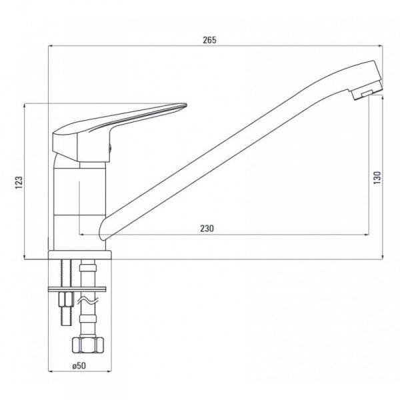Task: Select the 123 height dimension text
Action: point(19,181)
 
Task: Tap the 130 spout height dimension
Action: point(377,177)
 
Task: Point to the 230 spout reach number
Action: point(207,229)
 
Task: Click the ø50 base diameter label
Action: point(79,366)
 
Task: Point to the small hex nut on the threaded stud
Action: point(65,298)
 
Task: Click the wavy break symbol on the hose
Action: point(86,303)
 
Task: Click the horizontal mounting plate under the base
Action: point(77,288)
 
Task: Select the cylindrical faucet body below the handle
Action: point(79,200)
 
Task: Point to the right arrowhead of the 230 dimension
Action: point(368,235)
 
